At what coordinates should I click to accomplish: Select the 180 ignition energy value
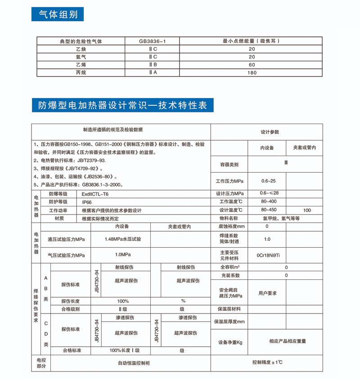tap(252, 72)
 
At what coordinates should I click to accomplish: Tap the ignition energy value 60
tap(252, 65)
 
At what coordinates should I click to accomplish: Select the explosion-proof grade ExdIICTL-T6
tap(95, 194)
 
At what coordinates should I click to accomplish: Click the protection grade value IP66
tap(87, 202)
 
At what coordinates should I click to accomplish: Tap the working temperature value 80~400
tap(269, 201)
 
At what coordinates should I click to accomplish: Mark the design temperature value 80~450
tap(269, 210)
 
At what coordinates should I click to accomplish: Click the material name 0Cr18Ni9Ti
tap(269, 255)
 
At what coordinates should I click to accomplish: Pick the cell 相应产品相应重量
tap(288, 341)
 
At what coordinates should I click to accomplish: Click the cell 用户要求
tap(268, 293)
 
